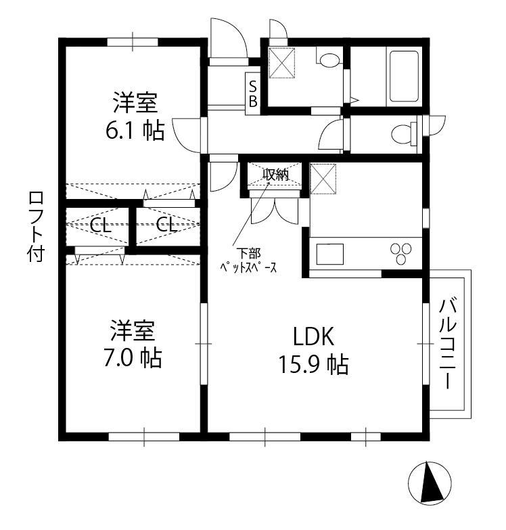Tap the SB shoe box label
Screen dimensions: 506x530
click(x=253, y=94)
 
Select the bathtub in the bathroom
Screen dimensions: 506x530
click(x=404, y=76)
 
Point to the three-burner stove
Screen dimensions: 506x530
click(x=401, y=253)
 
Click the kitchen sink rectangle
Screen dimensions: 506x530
click(x=329, y=254)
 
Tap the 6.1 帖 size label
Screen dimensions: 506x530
click(x=135, y=131)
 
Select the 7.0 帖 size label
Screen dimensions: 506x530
click(x=133, y=358)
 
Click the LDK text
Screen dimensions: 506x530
click(x=313, y=336)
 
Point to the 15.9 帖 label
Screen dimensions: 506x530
click(x=313, y=365)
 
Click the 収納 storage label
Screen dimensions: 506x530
click(x=275, y=175)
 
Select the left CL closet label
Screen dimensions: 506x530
click(x=101, y=225)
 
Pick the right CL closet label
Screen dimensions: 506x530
click(x=166, y=225)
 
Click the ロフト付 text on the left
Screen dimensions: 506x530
click(x=36, y=227)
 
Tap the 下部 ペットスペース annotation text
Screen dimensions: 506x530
click(x=248, y=261)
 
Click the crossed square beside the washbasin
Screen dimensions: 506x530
click(x=281, y=63)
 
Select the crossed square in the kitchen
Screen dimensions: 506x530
click(x=323, y=179)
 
